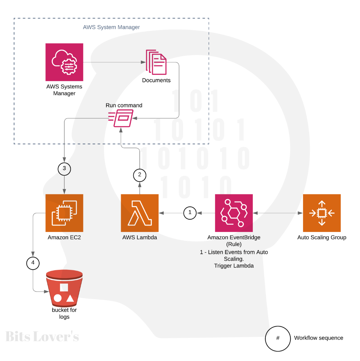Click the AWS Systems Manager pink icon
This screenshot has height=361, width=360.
[64, 62]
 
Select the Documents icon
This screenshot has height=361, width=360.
[156, 62]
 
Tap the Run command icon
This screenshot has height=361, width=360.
[121, 118]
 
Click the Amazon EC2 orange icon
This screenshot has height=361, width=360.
[64, 213]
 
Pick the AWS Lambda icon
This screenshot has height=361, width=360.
[140, 213]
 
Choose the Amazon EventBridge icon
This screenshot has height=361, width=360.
[234, 213]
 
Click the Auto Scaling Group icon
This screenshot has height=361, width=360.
[321, 213]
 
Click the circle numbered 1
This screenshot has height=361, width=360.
[190, 213]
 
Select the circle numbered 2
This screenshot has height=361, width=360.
[140, 175]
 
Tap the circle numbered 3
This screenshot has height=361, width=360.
[64, 169]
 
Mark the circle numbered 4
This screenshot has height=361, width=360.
[33, 263]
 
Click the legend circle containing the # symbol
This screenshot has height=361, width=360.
[278, 339]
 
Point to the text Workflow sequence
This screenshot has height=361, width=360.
[318, 338]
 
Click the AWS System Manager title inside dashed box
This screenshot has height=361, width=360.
[111, 27]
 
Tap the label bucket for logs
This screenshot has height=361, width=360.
[64, 313]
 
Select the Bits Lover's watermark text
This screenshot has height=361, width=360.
[42, 337]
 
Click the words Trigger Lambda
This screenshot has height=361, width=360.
[234, 266]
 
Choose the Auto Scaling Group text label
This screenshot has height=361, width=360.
[321, 238]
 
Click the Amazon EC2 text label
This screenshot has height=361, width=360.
[64, 238]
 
